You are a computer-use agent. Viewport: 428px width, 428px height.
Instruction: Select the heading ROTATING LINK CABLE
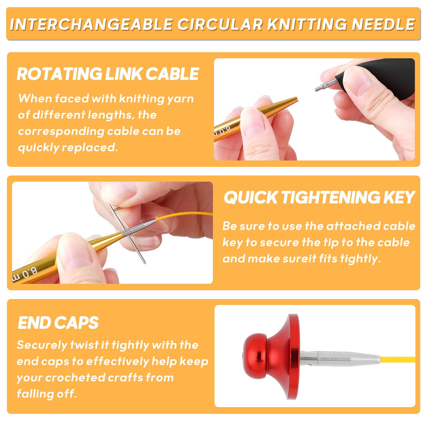108,74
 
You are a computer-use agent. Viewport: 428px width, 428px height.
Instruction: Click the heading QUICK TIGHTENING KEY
319,197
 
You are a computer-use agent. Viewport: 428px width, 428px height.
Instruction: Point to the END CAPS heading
58,323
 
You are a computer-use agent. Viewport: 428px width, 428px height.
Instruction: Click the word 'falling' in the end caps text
34,394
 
